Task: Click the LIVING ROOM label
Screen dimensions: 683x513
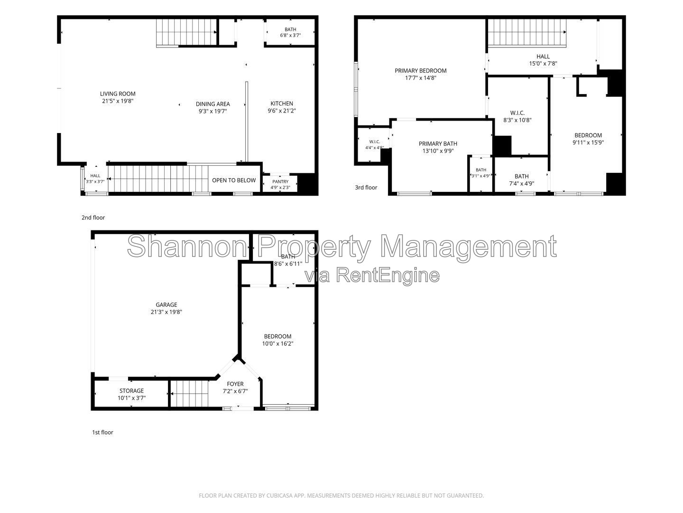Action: [x=118, y=94]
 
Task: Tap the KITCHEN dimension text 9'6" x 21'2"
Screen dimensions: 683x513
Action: [x=282, y=111]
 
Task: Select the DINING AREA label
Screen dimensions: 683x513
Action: [x=213, y=104]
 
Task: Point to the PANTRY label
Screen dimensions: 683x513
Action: [x=280, y=181]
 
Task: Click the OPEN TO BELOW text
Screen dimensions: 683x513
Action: [x=234, y=180]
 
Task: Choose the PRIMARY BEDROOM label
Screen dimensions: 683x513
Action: [x=420, y=71]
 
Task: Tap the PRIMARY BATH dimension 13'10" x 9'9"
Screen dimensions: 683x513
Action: [x=438, y=151]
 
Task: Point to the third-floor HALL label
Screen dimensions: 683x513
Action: [x=543, y=57]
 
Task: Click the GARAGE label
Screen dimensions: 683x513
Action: [x=166, y=304]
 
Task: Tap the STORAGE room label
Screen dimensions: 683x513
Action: [x=132, y=390]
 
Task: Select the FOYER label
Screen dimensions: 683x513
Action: [x=235, y=384]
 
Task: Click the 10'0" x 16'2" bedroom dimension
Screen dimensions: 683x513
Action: [x=277, y=343]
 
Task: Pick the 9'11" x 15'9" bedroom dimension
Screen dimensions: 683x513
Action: [x=588, y=142]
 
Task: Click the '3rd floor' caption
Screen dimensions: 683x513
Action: [x=366, y=188]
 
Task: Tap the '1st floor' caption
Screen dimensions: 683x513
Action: [x=102, y=432]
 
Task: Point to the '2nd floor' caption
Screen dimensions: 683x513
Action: [x=93, y=218]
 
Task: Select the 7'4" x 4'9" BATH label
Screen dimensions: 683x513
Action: [x=522, y=176]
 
